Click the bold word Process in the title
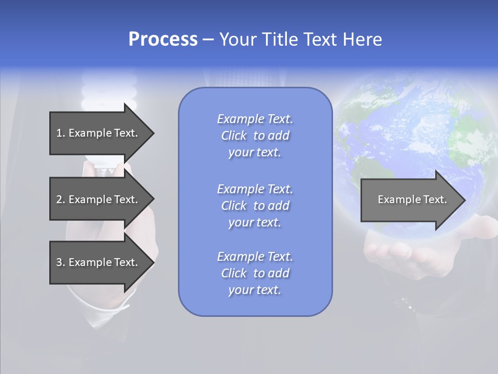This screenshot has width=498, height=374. (163, 39)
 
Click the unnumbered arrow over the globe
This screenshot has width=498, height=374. (412, 199)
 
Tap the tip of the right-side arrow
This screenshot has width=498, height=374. (463, 200)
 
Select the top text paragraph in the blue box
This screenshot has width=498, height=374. (255, 136)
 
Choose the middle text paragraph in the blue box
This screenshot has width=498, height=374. (255, 206)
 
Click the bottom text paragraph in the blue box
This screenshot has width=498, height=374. (255, 273)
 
